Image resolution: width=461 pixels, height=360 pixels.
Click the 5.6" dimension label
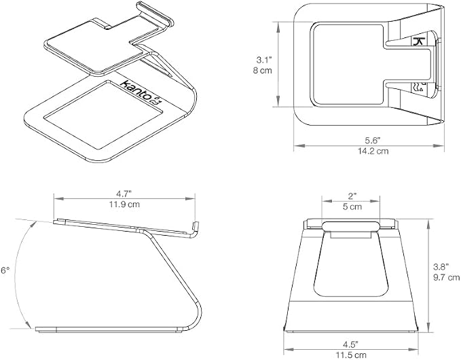point(373,141)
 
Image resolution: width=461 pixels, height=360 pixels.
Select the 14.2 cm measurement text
point(373,151)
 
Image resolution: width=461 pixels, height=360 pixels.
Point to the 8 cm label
point(263,71)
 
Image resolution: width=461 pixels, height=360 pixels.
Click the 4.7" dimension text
point(124,194)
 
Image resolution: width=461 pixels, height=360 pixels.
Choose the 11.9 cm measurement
point(124,204)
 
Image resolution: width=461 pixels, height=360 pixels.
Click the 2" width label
point(352,196)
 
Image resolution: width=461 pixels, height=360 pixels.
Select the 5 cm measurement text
point(352,206)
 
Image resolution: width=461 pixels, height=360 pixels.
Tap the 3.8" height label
point(441,267)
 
